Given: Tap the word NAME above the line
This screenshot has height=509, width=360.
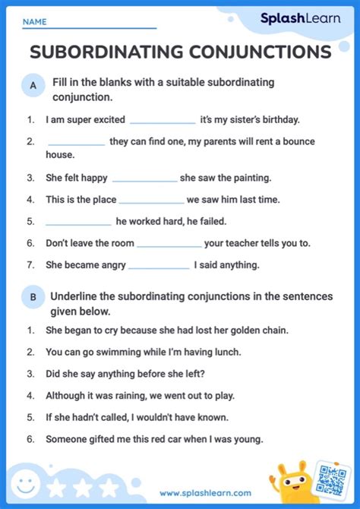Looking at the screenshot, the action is point(34,23).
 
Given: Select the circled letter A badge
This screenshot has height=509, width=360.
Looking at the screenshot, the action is point(33,87).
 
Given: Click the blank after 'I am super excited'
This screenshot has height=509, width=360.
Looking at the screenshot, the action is point(163,120).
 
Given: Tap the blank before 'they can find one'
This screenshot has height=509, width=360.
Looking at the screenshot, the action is point(76,142).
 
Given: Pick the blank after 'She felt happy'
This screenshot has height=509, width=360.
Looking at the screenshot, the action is point(144,179).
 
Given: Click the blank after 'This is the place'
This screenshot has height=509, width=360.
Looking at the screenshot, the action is point(151,201).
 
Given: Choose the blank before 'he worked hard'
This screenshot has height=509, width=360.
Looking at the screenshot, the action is point(78,222).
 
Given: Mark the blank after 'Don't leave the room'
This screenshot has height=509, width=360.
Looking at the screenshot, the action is point(169,244).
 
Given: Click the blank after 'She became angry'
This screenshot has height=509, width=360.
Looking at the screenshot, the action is point(159,266).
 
